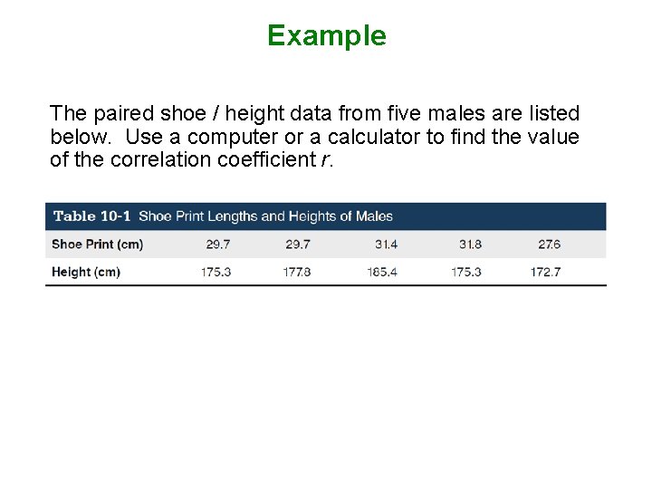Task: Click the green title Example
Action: click(x=326, y=35)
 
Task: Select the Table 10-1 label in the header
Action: click(x=92, y=216)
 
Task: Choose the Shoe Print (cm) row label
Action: click(x=97, y=244)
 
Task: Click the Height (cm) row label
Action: click(x=86, y=272)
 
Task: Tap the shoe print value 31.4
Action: click(x=386, y=244)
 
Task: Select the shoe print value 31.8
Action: click(x=470, y=244)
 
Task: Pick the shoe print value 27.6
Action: click(x=549, y=244)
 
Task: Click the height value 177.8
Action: click(x=297, y=272)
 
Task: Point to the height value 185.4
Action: click(x=382, y=272)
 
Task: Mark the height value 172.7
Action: click(x=545, y=272)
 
